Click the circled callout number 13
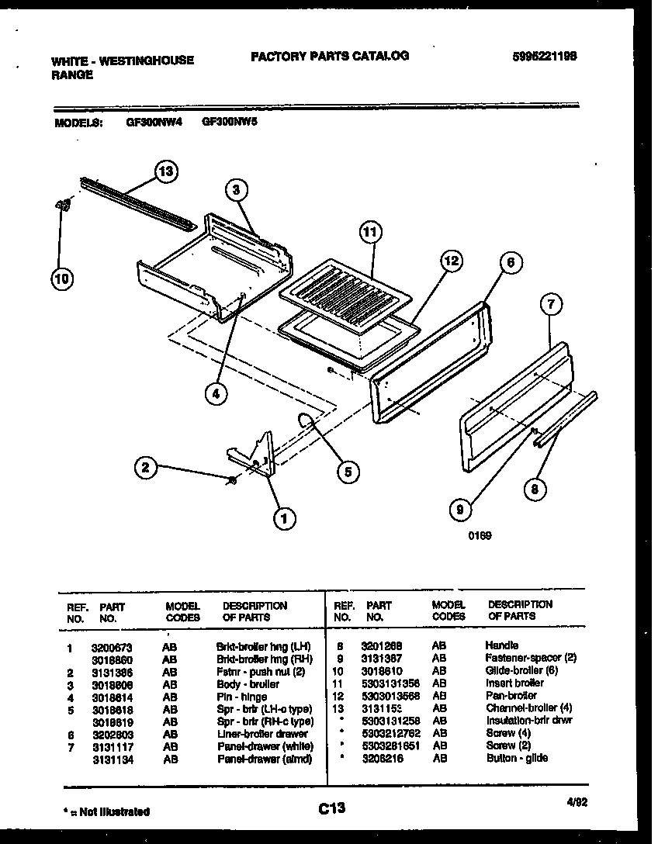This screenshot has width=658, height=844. pyautogui.click(x=164, y=171)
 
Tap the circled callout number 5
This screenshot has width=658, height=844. pyautogui.click(x=347, y=470)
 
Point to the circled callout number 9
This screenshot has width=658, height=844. pyautogui.click(x=460, y=510)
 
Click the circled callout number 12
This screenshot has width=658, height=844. pyautogui.click(x=451, y=262)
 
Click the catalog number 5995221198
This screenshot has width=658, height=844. pyautogui.click(x=545, y=56)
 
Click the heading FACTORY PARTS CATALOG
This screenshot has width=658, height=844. pyautogui.click(x=329, y=56)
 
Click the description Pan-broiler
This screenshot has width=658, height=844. pyautogui.click(x=511, y=696)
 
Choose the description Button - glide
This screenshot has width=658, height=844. pyautogui.click(x=517, y=758)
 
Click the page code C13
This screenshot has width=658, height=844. pyautogui.click(x=331, y=808)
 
